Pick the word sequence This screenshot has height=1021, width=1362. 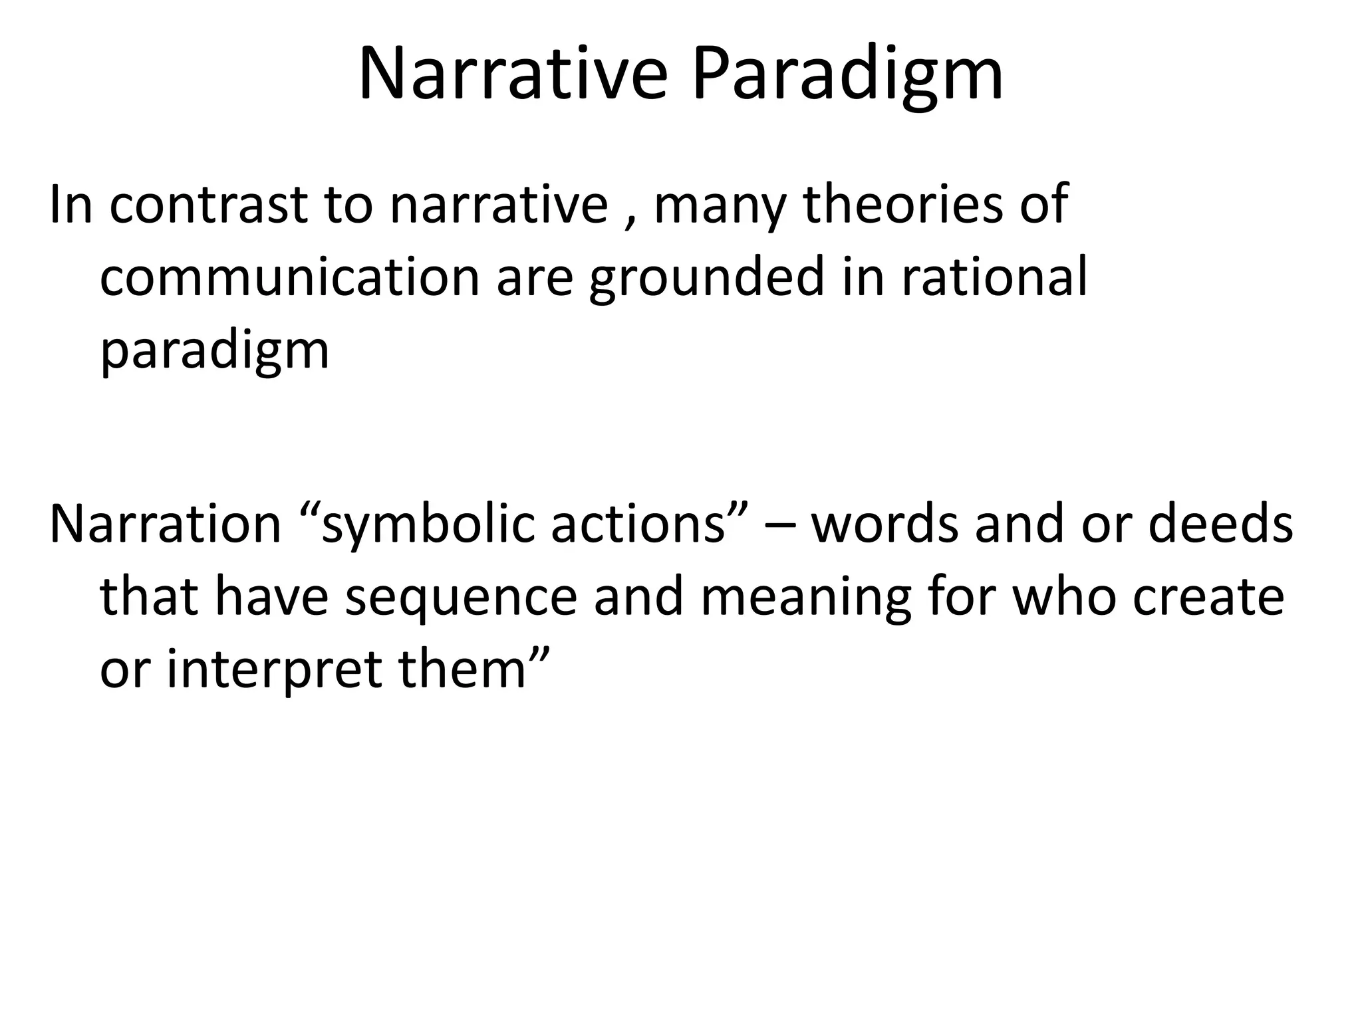click(461, 598)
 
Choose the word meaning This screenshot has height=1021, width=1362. click(805, 598)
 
